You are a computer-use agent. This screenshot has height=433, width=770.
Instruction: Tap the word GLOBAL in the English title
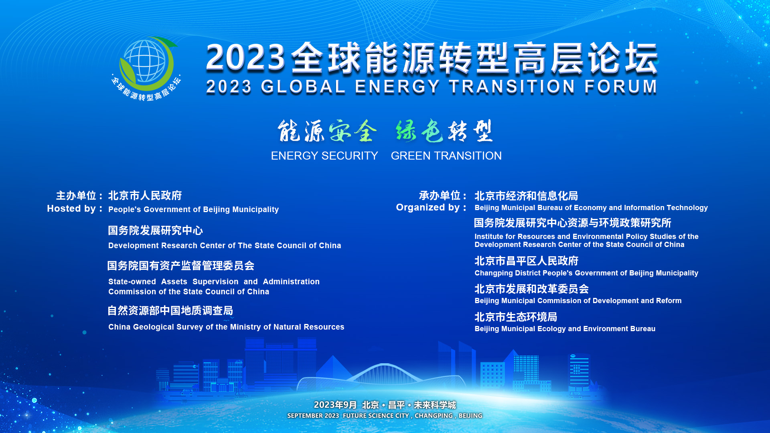303,87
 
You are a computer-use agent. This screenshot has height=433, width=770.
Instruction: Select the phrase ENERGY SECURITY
324,156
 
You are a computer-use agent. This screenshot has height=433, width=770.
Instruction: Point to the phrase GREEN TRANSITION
446,156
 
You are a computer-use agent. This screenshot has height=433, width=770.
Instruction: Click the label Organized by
432,207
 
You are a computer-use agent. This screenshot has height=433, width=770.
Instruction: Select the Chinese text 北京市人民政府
145,196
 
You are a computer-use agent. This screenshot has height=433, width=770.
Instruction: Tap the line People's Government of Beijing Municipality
193,209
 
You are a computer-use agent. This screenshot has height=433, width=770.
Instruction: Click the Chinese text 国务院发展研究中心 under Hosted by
156,231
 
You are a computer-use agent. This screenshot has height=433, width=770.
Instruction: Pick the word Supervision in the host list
215,281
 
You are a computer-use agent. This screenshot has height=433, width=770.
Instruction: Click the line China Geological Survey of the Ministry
226,327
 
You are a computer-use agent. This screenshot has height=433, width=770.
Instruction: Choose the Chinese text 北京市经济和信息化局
526,196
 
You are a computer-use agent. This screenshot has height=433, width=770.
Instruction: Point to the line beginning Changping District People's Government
586,273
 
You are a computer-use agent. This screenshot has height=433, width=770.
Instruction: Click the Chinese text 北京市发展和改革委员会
532,289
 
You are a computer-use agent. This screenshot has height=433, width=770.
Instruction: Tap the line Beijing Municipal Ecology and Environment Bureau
565,329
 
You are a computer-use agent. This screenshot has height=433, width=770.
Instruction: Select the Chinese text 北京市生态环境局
516,317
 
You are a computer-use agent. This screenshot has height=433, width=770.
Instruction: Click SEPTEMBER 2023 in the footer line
313,416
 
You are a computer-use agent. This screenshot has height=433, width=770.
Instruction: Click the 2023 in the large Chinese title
245,58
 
